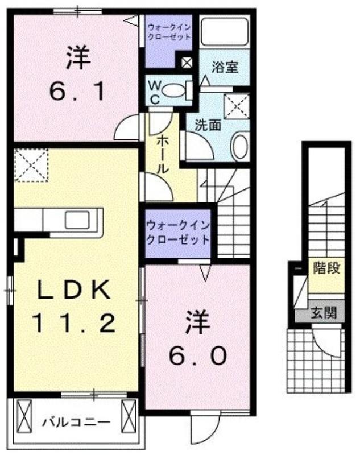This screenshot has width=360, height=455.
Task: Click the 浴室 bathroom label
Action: pos(225,67)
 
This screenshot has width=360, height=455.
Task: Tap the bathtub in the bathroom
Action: pos(225,31)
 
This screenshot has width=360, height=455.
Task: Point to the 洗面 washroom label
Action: pos(208,125)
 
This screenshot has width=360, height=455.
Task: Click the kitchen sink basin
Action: pos(77,220)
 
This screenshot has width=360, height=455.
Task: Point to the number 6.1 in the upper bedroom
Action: pos(77,91)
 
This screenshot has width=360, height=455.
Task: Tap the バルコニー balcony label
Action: pos(76,421)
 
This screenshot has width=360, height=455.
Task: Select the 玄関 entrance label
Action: pos(324,313)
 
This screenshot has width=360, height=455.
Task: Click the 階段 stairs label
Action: pos(326,268)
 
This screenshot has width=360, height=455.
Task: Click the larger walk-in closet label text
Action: pos(178,233)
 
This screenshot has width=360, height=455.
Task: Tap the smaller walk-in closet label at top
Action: pos(169,32)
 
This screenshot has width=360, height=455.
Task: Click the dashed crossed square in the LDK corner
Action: pos(31,165)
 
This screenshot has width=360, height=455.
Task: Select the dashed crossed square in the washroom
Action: pos(237,106)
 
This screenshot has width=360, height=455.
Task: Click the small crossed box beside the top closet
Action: pos(186,63)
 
